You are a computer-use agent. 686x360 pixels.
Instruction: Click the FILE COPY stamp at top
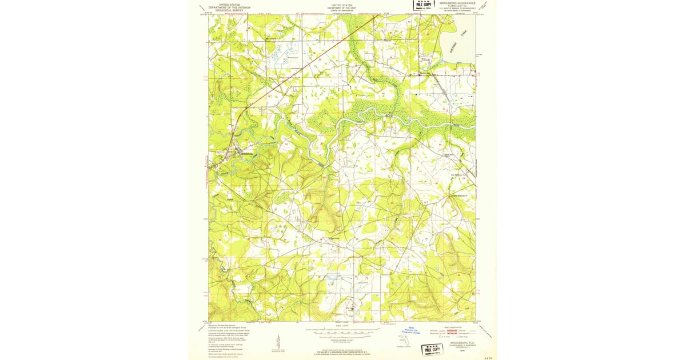[x=424, y=5]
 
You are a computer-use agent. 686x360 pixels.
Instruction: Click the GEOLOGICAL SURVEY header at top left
[x=229, y=9]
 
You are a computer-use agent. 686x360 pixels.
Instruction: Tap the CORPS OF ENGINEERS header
[x=342, y=11]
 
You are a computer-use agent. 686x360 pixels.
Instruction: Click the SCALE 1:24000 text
[x=342, y=326]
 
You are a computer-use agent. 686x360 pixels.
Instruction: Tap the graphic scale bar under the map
[x=342, y=331]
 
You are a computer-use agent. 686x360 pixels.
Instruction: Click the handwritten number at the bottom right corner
[x=488, y=355]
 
